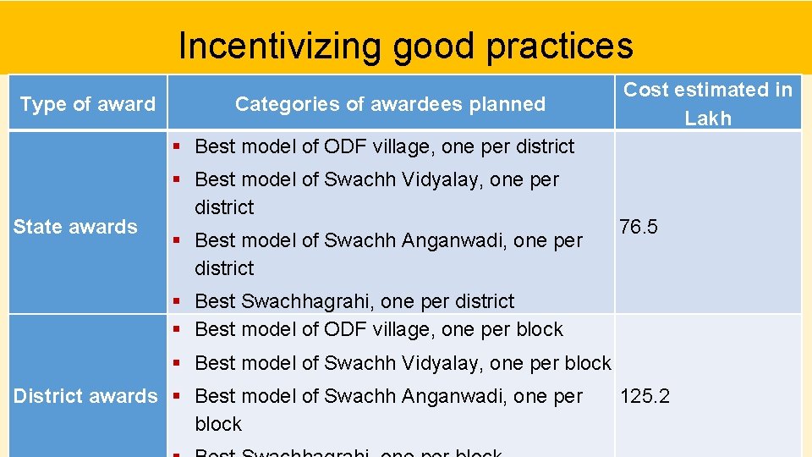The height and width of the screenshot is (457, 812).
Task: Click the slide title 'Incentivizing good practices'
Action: (405, 46)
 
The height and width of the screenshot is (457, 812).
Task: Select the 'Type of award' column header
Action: (88, 104)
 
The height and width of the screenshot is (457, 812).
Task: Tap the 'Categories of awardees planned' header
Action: (390, 104)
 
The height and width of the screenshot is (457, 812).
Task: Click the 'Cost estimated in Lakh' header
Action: (708, 103)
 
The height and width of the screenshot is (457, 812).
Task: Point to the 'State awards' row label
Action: (75, 227)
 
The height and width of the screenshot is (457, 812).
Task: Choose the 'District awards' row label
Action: (85, 396)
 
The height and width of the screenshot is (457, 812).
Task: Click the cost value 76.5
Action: (639, 227)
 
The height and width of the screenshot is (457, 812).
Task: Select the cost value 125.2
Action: (645, 396)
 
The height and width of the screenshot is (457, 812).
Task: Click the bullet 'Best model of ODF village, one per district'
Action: (384, 146)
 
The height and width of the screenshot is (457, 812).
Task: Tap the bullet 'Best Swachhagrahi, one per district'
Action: (354, 301)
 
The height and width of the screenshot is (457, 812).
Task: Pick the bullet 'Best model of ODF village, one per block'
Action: (378, 329)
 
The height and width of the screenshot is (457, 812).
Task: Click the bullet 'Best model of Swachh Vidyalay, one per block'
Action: (402, 363)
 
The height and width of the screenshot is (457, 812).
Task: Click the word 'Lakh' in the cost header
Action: (708, 118)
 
